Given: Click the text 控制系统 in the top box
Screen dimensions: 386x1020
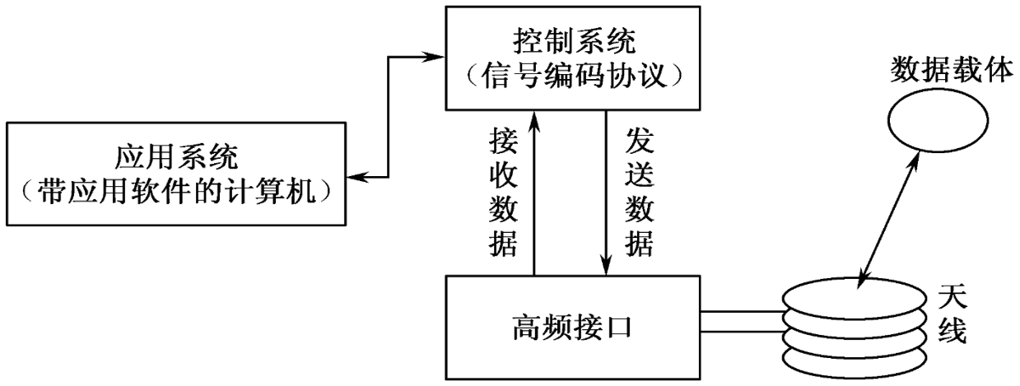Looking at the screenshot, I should point(574,40).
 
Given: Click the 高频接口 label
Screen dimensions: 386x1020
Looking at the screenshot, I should point(573,329).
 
